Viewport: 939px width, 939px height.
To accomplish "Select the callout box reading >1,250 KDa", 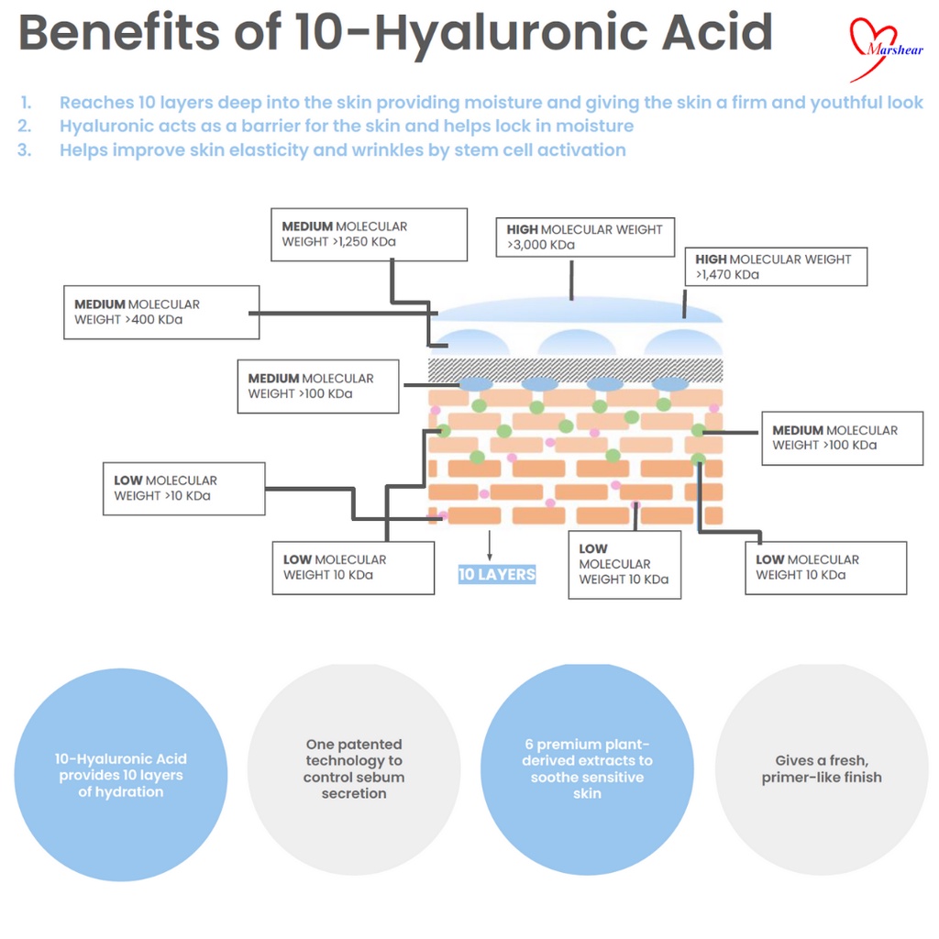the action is [369, 235].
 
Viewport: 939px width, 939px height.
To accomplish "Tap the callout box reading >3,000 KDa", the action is [585, 238].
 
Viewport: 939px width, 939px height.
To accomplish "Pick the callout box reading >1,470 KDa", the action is [776, 267].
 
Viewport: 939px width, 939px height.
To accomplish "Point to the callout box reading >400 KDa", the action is [161, 312].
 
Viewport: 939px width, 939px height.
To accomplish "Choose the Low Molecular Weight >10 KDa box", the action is [183, 488].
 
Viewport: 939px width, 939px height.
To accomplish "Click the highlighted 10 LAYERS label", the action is [497, 574].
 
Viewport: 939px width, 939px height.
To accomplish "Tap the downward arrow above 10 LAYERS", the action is [490, 546].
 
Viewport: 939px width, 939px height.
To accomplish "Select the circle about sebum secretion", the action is [354, 769].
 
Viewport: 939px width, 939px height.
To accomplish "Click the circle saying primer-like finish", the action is [822, 769].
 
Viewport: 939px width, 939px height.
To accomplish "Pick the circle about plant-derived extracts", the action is [588, 769].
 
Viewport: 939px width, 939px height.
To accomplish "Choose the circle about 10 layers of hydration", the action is [121, 775].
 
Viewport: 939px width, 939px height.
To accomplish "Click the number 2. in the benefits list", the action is [25, 126].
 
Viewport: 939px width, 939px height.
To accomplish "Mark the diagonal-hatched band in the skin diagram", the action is [576, 370].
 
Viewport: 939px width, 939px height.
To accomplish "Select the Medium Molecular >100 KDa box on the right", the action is [843, 437].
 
